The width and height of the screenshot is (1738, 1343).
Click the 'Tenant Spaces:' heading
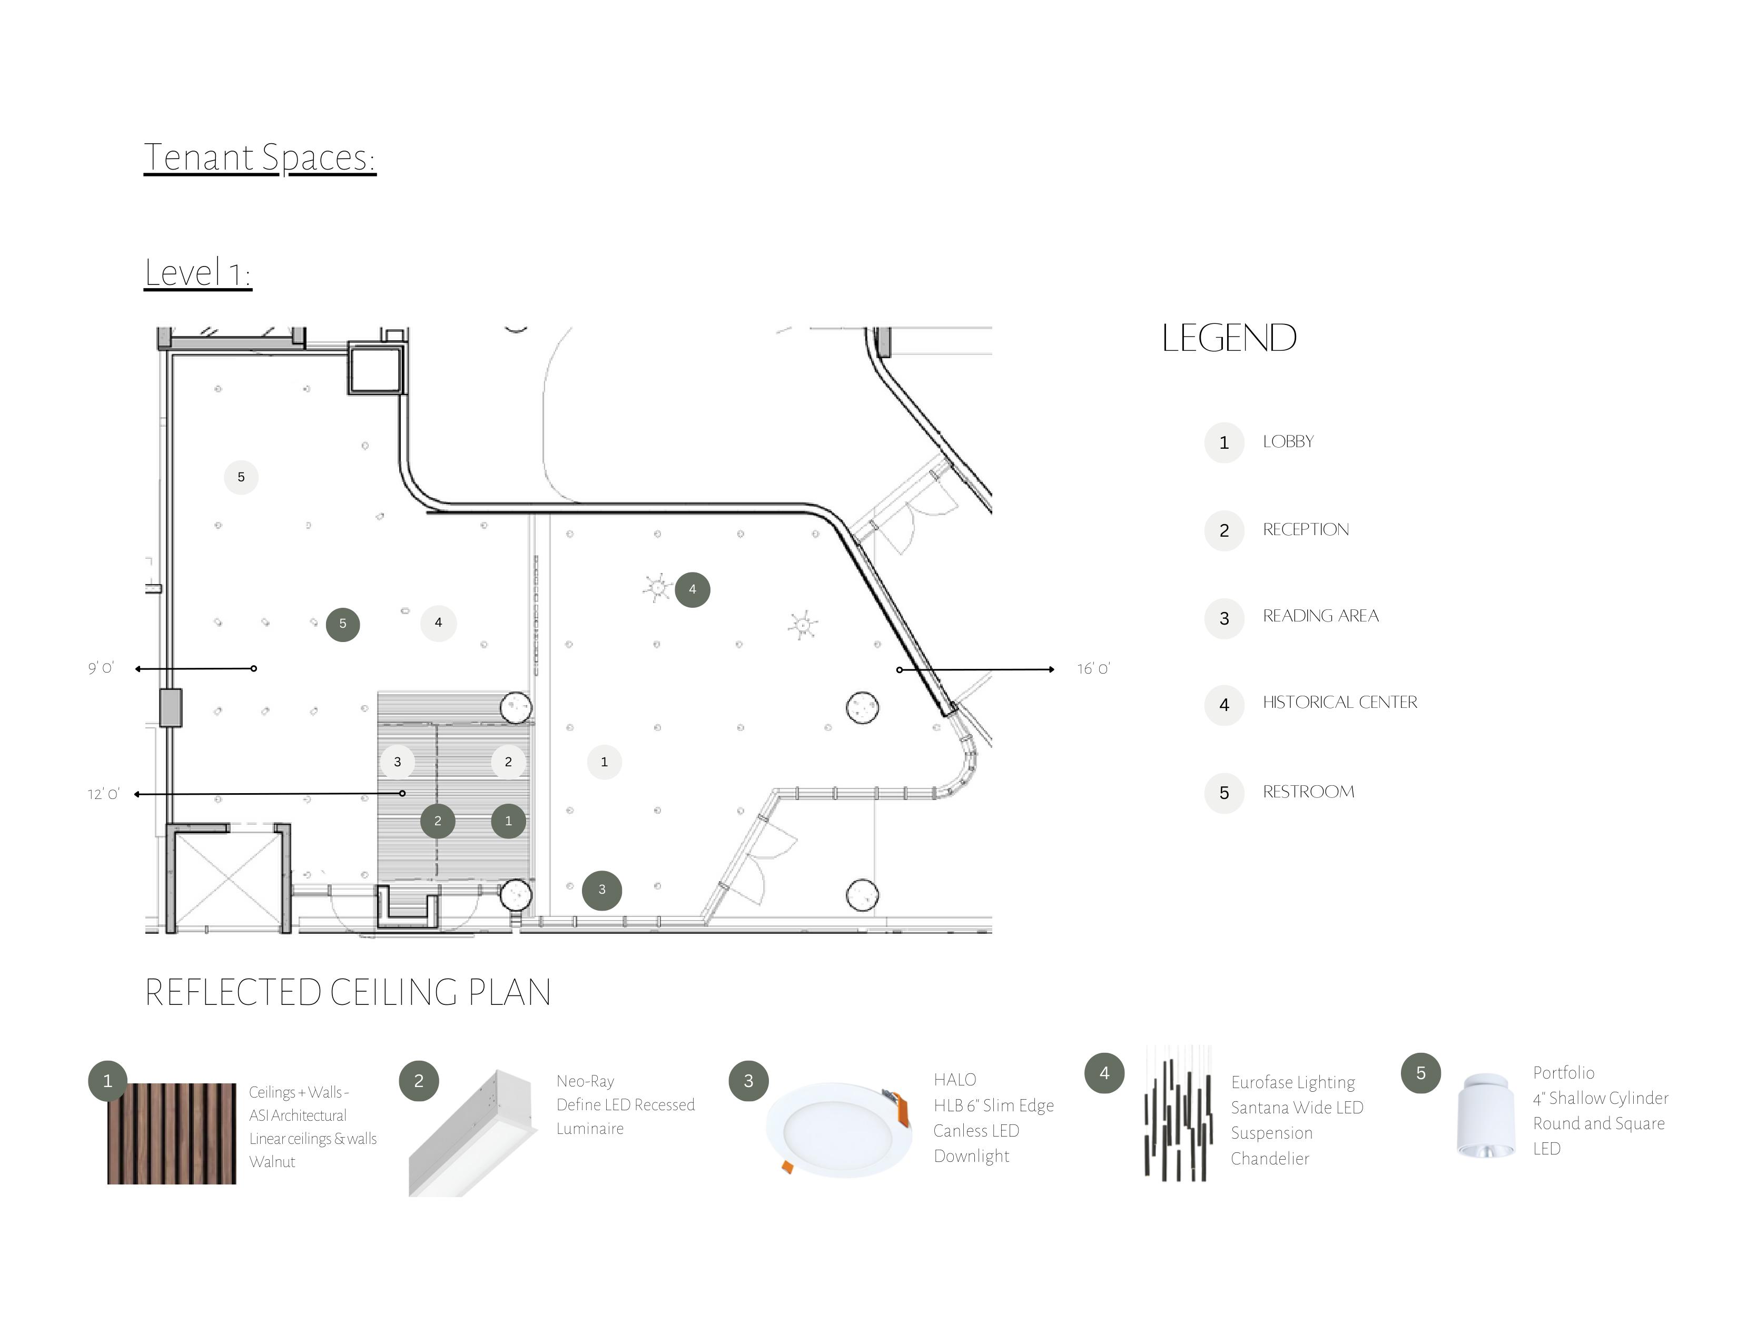tap(260, 157)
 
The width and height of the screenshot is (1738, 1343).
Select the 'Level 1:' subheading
tap(197, 273)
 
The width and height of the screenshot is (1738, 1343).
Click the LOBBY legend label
tap(1288, 441)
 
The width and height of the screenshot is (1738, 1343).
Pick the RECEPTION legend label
tap(1305, 530)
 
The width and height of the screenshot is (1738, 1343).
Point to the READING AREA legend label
tap(1320, 616)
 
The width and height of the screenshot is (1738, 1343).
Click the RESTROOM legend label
tap(1308, 792)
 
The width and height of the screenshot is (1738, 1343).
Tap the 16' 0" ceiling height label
tap(1093, 669)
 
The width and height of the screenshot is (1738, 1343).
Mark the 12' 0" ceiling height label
tap(103, 794)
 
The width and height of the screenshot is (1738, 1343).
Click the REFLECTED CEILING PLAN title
tap(348, 993)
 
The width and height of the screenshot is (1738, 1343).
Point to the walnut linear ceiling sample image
tap(172, 1133)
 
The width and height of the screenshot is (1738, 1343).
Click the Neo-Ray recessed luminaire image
tap(473, 1132)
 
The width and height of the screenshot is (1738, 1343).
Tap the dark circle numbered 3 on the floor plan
tap(601, 890)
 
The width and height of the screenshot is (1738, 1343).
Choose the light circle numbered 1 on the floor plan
tap(604, 762)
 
